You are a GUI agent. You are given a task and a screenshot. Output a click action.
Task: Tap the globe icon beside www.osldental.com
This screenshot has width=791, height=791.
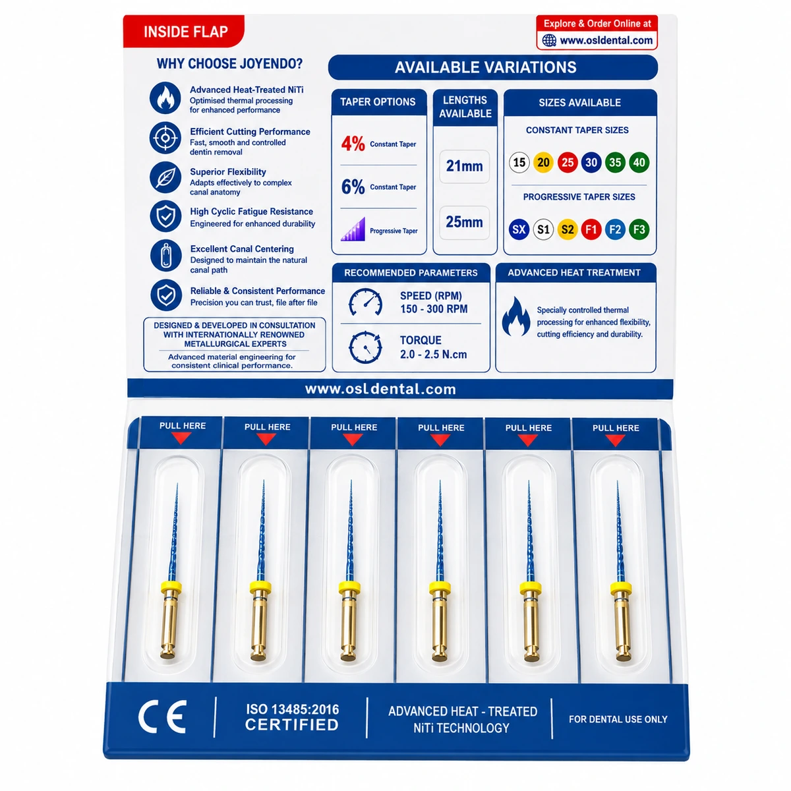tap(549, 40)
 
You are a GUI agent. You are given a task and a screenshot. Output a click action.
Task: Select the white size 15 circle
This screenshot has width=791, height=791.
tap(519, 163)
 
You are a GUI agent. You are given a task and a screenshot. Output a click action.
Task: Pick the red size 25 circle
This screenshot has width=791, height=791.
tap(568, 163)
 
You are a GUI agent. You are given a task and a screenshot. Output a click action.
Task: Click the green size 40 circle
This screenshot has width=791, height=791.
tap(639, 163)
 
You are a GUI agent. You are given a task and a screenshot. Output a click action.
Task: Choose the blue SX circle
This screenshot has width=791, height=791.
tap(519, 229)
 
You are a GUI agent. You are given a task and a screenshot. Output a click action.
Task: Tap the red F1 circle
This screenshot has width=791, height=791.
tap(591, 229)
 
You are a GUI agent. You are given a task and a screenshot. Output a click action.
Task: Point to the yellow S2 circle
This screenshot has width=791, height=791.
tap(568, 229)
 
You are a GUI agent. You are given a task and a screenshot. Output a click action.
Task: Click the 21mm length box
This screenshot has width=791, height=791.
tap(464, 166)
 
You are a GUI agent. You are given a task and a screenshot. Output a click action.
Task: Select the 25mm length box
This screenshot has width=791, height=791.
tap(464, 223)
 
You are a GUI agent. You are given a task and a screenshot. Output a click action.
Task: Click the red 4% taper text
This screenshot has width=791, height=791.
tap(353, 144)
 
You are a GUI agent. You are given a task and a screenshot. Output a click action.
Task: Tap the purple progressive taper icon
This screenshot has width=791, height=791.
tap(353, 229)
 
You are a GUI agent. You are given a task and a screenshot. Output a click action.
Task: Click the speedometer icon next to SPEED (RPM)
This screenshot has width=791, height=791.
tap(365, 302)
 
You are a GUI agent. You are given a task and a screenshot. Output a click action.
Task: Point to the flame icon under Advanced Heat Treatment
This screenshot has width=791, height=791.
tap(516, 316)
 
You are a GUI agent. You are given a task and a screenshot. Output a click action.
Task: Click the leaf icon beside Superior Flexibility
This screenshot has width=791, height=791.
tap(165, 177)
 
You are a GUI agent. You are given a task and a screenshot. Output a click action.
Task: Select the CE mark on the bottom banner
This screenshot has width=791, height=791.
tap(163, 717)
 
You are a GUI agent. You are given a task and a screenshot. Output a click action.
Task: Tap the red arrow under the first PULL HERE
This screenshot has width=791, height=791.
tap(181, 438)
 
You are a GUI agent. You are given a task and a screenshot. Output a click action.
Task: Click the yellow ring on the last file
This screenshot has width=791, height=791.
tap(621, 588)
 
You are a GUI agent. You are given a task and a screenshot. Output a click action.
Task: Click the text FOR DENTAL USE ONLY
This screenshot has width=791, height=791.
tap(618, 719)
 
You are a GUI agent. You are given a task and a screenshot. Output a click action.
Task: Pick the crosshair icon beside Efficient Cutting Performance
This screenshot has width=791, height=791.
tap(165, 138)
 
